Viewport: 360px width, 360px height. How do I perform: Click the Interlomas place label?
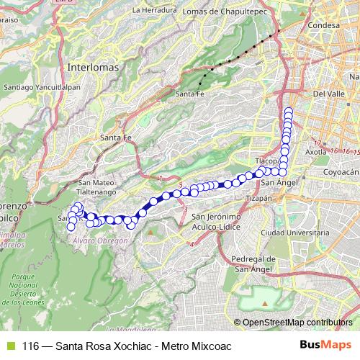pyautogui.click(x=92, y=66)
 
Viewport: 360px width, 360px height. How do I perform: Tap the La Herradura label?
pyautogui.click(x=154, y=10)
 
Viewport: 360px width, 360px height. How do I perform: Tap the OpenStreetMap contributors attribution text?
pyautogui.click(x=297, y=323)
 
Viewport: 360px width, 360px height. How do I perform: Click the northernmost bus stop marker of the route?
pyautogui.click(x=289, y=111)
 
